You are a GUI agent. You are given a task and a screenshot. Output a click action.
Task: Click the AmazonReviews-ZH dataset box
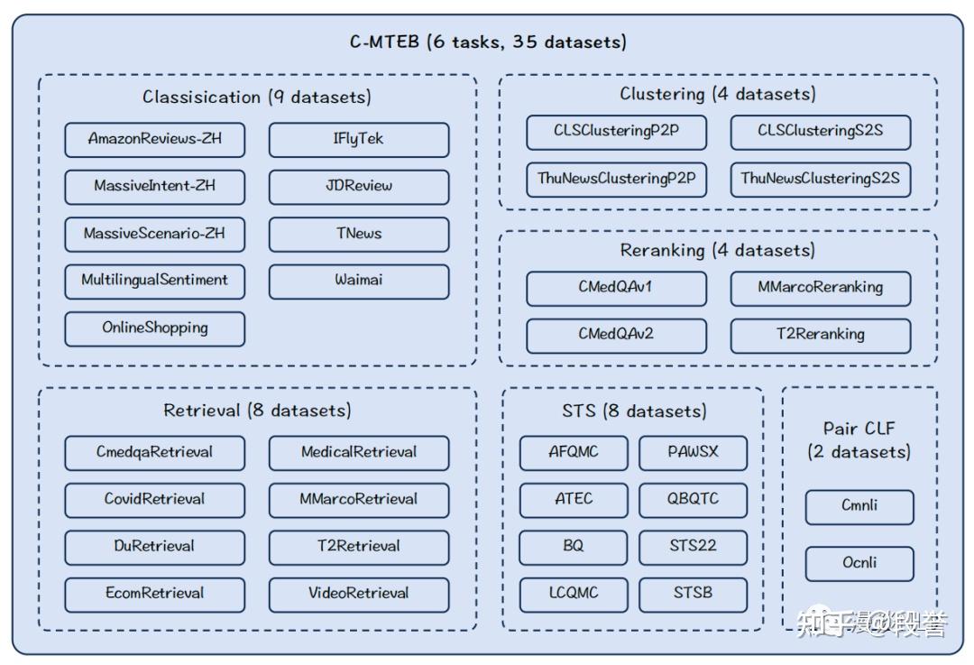click(x=154, y=140)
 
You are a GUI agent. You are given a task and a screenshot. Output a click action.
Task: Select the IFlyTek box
click(x=358, y=140)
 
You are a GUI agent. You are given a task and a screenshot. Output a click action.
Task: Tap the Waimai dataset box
click(x=358, y=281)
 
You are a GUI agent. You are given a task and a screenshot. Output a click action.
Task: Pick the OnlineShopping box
click(x=154, y=328)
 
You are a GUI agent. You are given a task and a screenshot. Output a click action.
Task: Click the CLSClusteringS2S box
click(x=820, y=132)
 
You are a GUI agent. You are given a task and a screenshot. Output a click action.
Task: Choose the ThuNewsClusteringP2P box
click(x=616, y=179)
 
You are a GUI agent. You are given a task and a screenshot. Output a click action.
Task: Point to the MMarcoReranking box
click(x=820, y=288)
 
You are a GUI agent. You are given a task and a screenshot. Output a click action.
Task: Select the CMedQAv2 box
click(x=616, y=335)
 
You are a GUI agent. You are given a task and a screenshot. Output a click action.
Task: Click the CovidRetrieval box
click(x=154, y=500)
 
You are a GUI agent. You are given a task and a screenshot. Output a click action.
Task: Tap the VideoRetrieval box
click(x=358, y=594)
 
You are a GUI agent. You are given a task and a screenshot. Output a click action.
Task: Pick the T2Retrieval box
click(x=358, y=547)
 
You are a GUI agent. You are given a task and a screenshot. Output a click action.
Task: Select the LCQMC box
click(x=574, y=594)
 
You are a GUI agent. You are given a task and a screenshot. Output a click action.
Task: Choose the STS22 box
click(x=693, y=547)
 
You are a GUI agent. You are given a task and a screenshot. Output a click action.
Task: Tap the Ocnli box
click(x=859, y=564)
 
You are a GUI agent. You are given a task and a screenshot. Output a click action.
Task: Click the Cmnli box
click(x=859, y=506)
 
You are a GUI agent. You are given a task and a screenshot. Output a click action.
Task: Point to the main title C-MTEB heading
click(x=488, y=42)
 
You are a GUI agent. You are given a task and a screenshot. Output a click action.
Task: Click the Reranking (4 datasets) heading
click(x=717, y=250)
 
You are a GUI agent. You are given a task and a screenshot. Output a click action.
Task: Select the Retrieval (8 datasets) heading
click(x=257, y=411)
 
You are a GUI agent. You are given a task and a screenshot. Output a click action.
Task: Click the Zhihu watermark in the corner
click(x=871, y=623)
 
